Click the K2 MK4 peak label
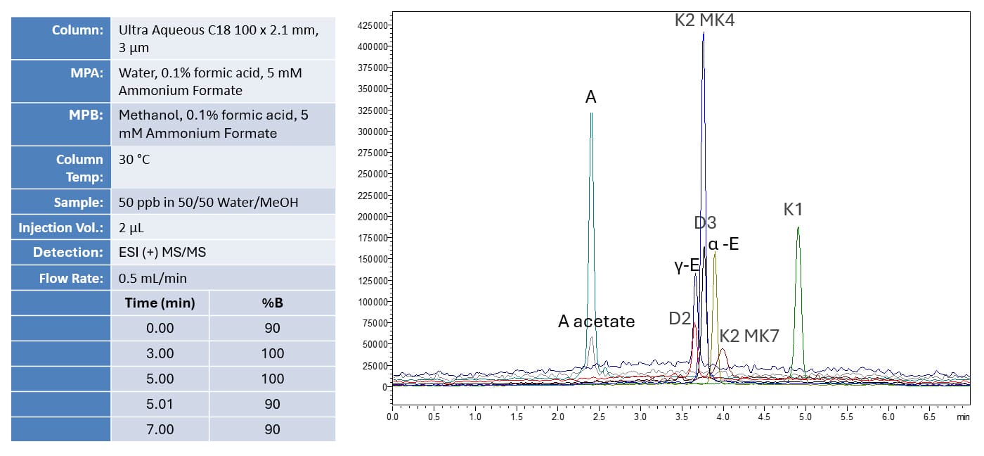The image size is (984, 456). click(704, 20)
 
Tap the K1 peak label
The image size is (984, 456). click(793, 209)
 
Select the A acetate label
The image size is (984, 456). click(596, 322)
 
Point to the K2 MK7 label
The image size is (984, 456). click(749, 336)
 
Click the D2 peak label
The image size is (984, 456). click(680, 318)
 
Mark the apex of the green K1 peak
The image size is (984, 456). click(798, 227)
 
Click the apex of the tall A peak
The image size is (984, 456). click(591, 113)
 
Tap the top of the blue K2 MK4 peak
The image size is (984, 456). click(703, 32)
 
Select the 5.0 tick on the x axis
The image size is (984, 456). click(805, 417)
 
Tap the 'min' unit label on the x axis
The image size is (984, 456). click(963, 417)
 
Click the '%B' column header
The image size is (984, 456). click(272, 303)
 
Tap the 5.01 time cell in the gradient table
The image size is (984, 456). click(160, 404)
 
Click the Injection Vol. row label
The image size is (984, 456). click(61, 228)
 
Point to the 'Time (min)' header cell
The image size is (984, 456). click(160, 303)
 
